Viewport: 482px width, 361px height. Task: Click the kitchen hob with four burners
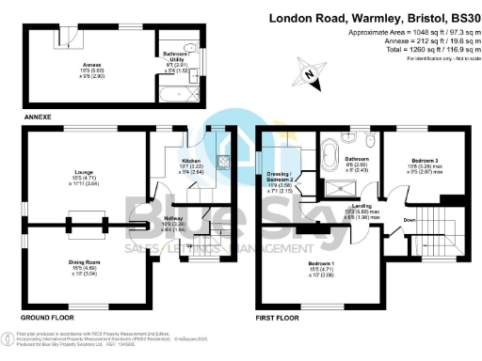223,160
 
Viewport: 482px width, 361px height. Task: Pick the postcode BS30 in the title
459,17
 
